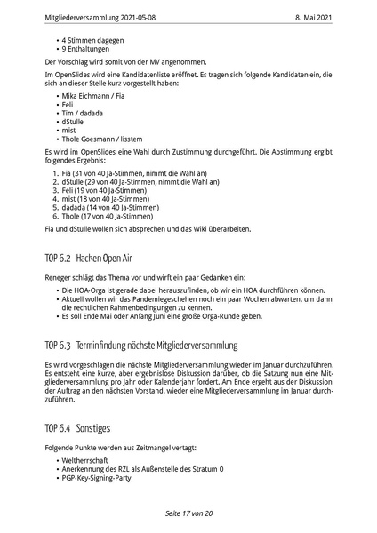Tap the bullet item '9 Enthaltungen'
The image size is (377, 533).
click(84, 49)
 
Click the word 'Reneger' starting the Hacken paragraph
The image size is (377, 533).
click(58, 278)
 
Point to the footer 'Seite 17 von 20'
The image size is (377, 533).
click(188, 514)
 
